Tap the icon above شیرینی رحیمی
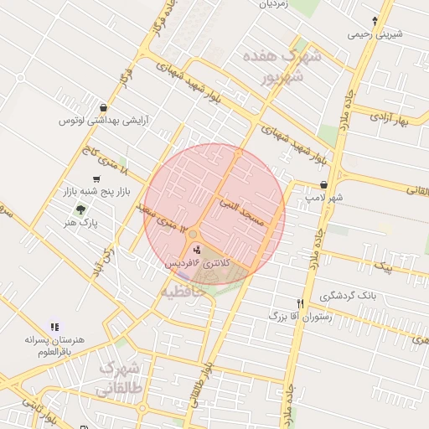pos(375,20)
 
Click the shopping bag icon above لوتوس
pos(103,107)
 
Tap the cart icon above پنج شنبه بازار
pos(97,179)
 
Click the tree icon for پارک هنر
pos(80,209)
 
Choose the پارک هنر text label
pos(83,225)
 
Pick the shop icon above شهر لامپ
pos(324,184)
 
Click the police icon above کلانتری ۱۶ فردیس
pos(198,250)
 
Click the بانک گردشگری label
pos(347,297)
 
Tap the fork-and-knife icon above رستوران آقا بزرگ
pos(300,303)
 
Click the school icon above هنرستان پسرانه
pos(54,327)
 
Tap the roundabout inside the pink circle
pos(193,235)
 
